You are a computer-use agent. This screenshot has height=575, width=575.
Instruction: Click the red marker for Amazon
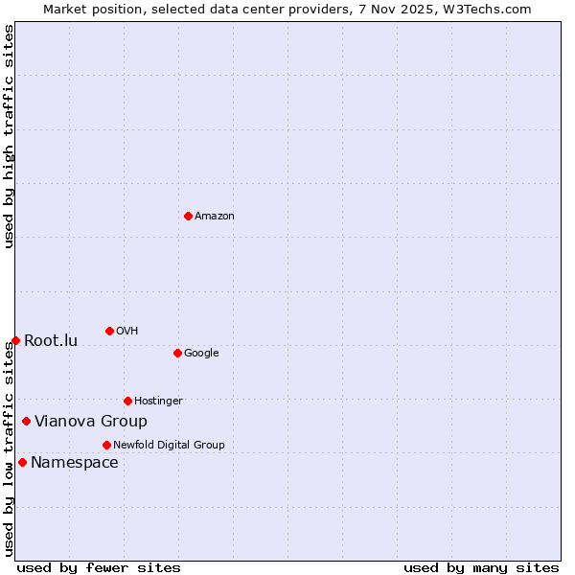click(x=188, y=216)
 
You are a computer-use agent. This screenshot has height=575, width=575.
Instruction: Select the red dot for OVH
click(x=109, y=331)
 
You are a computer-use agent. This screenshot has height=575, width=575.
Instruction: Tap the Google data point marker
click(x=177, y=353)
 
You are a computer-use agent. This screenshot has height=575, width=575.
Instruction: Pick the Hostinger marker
click(x=127, y=401)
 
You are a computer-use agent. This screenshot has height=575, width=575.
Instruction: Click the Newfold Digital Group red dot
click(x=106, y=445)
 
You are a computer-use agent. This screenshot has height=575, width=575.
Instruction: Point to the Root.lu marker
click(x=15, y=340)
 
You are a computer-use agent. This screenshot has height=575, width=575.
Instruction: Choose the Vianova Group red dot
click(x=26, y=421)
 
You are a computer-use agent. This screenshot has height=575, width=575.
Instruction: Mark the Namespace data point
click(x=22, y=462)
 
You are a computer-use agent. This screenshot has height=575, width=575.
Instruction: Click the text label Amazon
click(x=215, y=217)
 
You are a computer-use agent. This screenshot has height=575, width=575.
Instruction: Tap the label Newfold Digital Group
click(x=169, y=445)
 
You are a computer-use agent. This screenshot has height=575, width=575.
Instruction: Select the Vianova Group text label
click(x=91, y=422)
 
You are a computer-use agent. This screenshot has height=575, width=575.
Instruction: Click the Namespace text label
click(x=75, y=463)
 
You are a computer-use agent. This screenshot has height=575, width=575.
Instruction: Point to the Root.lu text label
click(x=51, y=341)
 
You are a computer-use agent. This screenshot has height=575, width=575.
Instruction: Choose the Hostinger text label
click(x=158, y=401)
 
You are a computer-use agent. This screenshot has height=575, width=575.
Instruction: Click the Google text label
click(x=201, y=354)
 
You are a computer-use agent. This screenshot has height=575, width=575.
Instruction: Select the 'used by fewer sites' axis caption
click(x=99, y=567)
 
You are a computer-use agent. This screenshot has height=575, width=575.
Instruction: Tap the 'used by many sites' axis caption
click(x=481, y=567)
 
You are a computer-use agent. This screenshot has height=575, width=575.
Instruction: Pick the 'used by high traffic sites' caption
click(x=9, y=137)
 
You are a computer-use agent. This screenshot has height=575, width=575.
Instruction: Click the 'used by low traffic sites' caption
click(x=9, y=449)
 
